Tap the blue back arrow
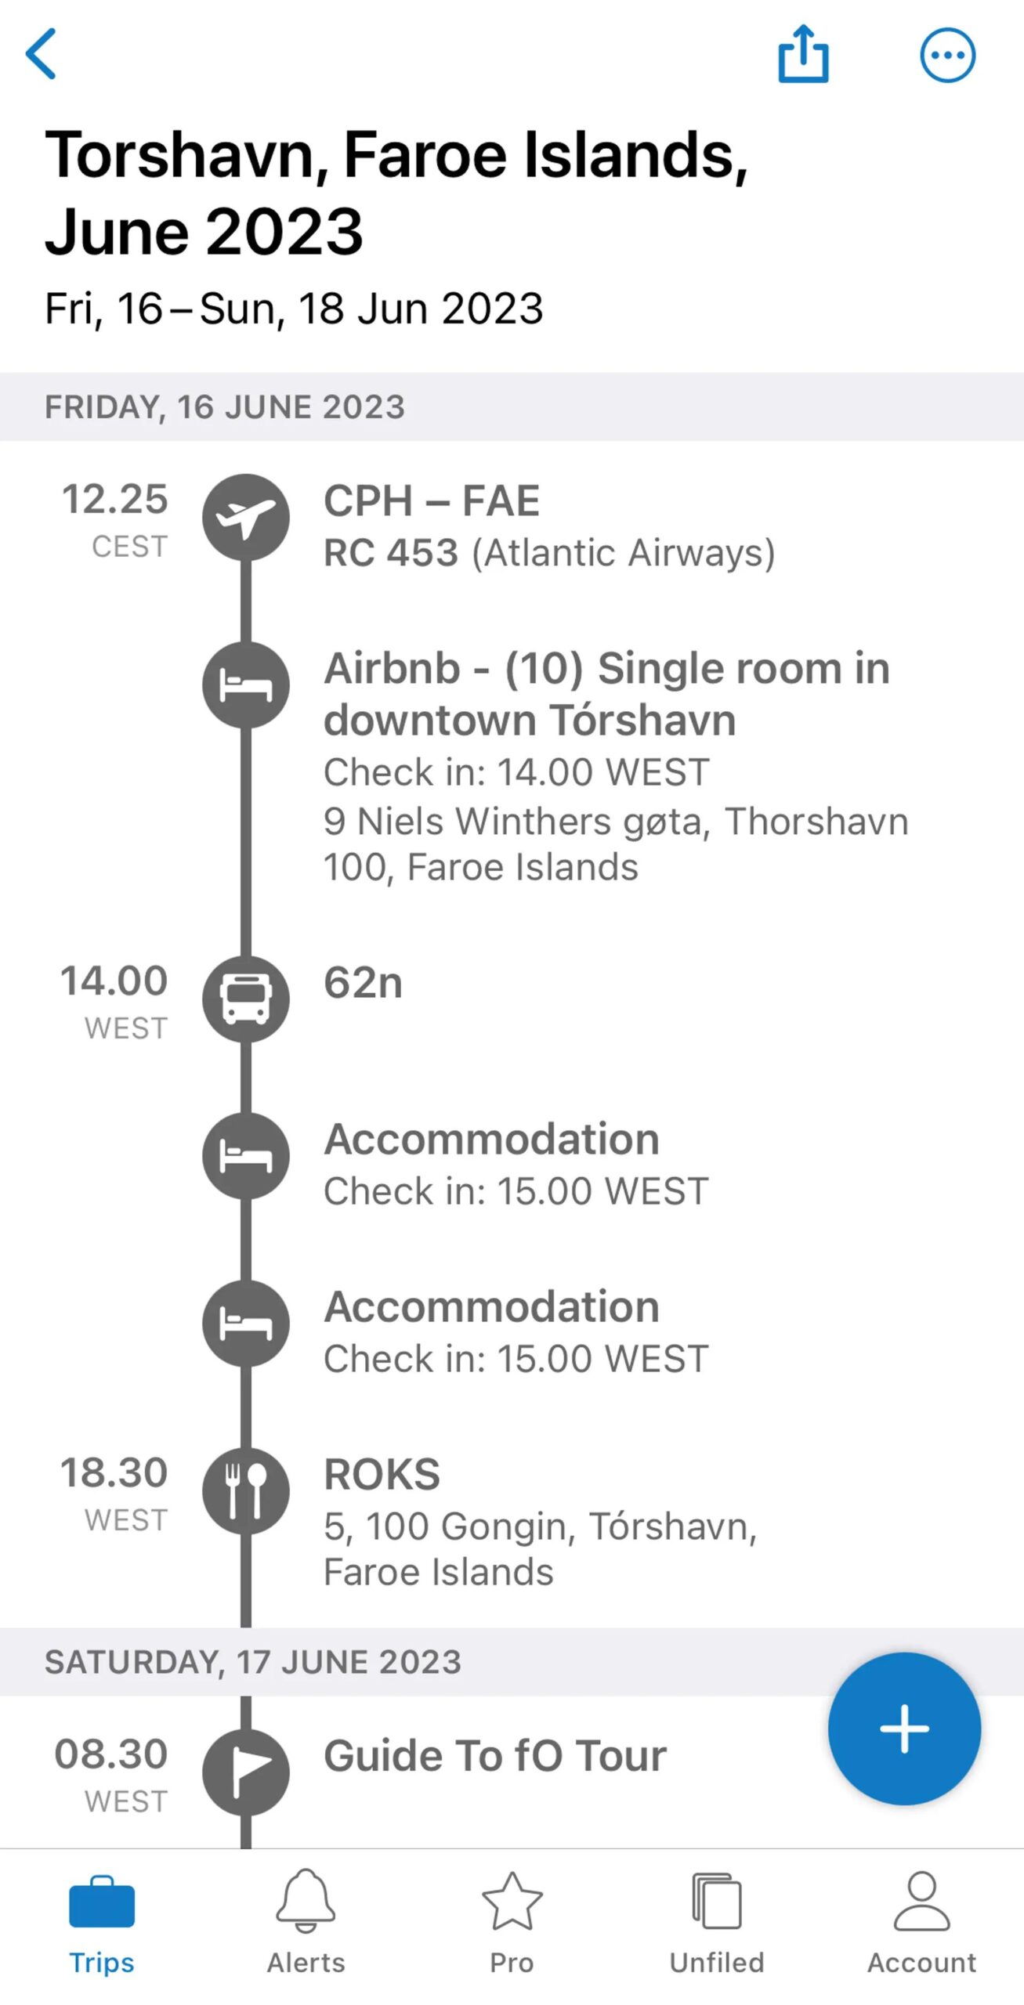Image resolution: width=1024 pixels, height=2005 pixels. pos(41,53)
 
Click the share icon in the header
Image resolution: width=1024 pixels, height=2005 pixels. pos(803,53)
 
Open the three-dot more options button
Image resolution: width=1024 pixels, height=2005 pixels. pos(947,55)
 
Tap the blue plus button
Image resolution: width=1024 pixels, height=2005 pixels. pos(904,1729)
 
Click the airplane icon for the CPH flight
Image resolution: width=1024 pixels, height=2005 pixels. pos(246,517)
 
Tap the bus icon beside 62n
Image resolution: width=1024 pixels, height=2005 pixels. pos(246,999)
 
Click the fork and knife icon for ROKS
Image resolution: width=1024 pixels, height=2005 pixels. pos(246,1490)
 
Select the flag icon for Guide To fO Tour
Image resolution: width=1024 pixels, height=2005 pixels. pos(246,1772)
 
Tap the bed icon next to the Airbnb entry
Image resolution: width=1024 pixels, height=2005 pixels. pos(246,685)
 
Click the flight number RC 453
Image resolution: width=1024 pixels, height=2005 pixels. pos(391,553)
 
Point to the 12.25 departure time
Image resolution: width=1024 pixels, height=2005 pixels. pos(115,499)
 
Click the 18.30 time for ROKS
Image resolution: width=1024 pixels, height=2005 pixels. pos(114,1472)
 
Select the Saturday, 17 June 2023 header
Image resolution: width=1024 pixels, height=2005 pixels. pos(253,1662)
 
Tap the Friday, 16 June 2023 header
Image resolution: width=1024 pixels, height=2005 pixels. pos(225,407)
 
